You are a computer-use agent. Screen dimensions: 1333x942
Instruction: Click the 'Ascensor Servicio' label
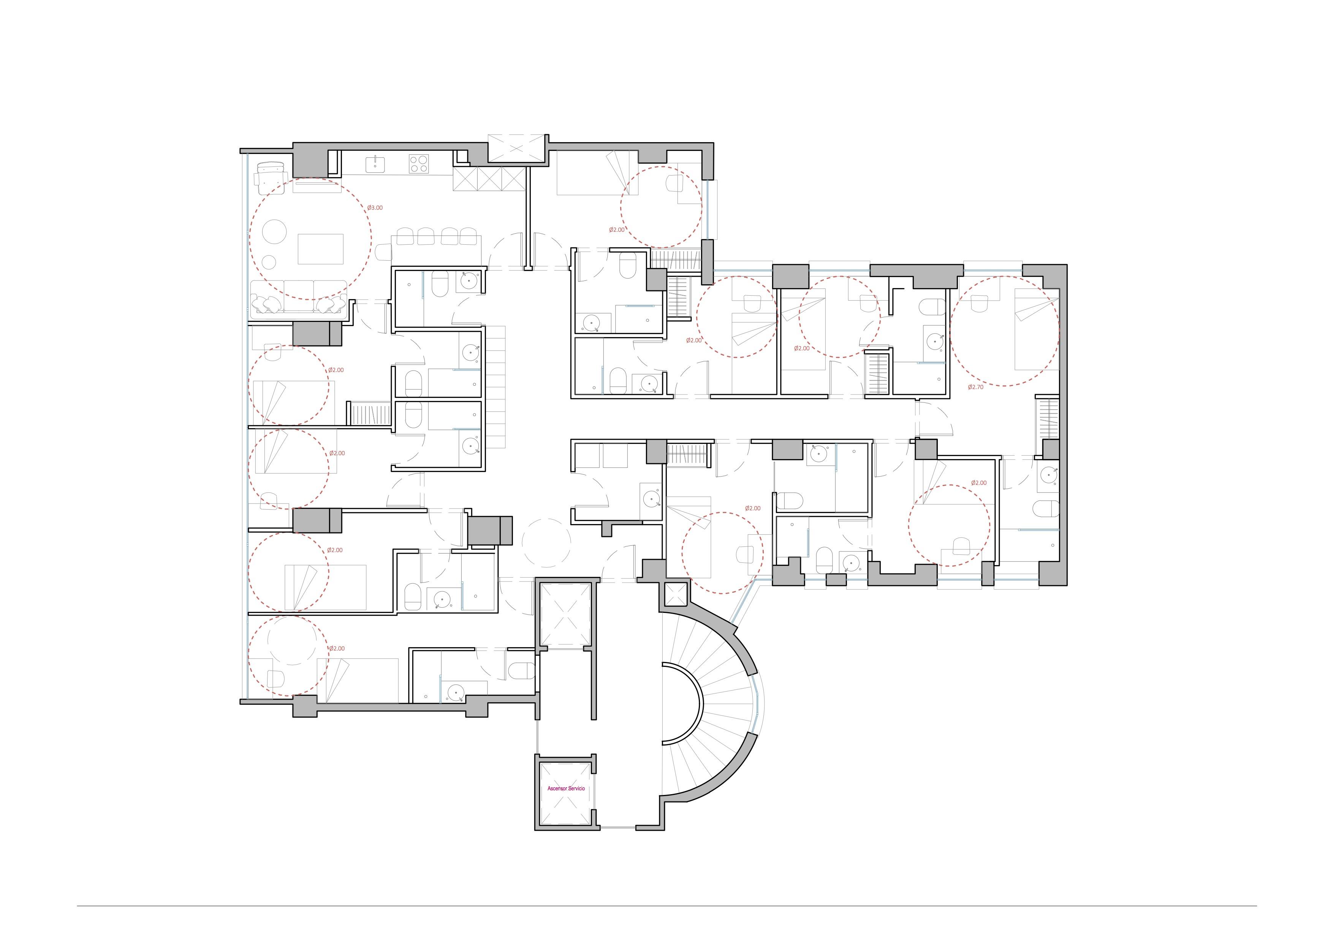[566, 789]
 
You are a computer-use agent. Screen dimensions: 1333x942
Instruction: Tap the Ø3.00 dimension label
[375, 207]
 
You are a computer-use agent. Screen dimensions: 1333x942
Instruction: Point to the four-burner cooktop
[419, 164]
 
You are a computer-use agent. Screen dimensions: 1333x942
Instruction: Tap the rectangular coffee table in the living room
[320, 249]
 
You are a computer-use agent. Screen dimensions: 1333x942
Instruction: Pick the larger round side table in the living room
[275, 233]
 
